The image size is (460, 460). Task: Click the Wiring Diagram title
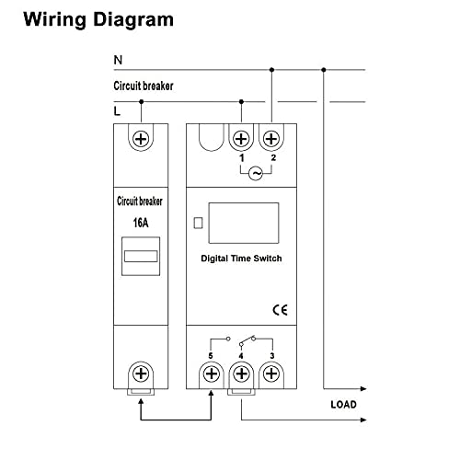(x=98, y=19)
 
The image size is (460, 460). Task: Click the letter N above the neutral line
(x=118, y=60)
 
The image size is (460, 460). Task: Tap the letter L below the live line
(x=117, y=111)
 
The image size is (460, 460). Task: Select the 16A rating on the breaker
(x=141, y=223)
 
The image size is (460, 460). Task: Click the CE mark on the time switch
(x=280, y=310)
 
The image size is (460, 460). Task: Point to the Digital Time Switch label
(x=241, y=259)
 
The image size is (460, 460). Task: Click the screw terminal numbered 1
(x=241, y=139)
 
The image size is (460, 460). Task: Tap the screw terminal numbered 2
(x=271, y=139)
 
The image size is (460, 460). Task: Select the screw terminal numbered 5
(x=212, y=374)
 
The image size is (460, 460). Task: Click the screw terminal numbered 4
(x=241, y=374)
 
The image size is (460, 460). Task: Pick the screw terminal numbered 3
(x=271, y=374)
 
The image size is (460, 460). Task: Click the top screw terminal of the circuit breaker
(x=141, y=139)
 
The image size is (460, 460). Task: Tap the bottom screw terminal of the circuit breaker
(x=141, y=374)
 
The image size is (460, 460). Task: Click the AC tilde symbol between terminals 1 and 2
(x=256, y=174)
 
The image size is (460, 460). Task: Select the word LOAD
(x=343, y=405)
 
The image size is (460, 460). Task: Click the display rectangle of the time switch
(x=244, y=223)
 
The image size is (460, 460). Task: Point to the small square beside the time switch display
(x=199, y=223)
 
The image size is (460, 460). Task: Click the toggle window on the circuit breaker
(x=141, y=256)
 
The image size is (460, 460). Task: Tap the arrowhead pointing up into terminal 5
(x=211, y=393)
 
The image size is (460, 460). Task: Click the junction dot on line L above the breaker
(x=141, y=101)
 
